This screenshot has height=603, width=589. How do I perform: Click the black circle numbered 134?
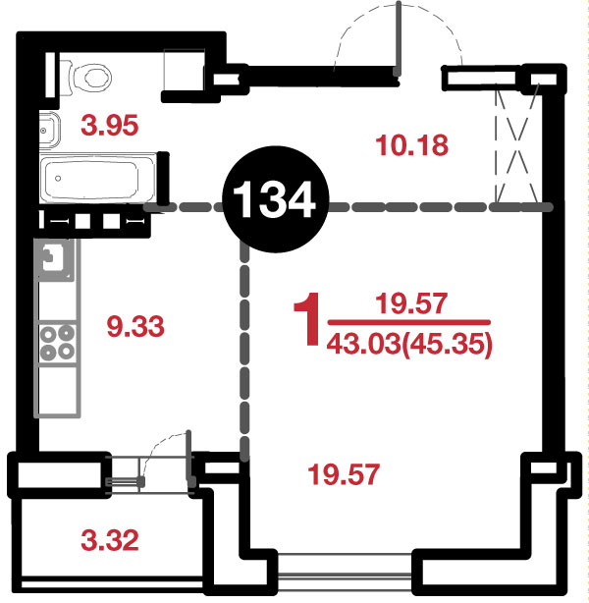(x=276, y=199)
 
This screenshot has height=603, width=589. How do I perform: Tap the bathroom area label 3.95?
(x=109, y=126)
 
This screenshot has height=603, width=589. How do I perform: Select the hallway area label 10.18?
(x=411, y=145)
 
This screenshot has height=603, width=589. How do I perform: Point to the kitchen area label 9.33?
(x=135, y=326)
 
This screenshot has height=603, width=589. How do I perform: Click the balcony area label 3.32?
(x=110, y=540)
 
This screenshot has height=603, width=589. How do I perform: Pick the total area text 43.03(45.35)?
(x=409, y=344)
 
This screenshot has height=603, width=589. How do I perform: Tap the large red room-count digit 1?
(x=307, y=319)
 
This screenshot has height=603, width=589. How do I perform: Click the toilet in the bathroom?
(x=86, y=78)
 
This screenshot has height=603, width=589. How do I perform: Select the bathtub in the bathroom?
(x=98, y=178)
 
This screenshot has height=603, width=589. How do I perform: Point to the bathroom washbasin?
(x=50, y=130)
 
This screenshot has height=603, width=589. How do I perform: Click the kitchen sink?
(x=54, y=259)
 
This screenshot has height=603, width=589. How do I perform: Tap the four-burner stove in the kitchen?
(x=57, y=343)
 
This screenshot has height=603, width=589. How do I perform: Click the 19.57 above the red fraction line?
(x=411, y=303)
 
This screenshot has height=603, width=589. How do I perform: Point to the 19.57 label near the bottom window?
(x=344, y=474)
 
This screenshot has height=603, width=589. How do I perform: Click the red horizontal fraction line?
(x=409, y=322)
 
